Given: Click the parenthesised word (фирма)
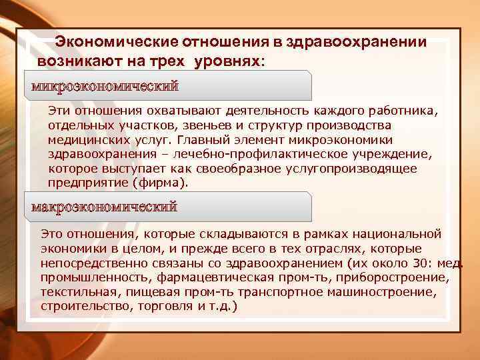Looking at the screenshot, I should pyautogui.click(x=162, y=183).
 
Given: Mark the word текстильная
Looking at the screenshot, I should pyautogui.click(x=74, y=292).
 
